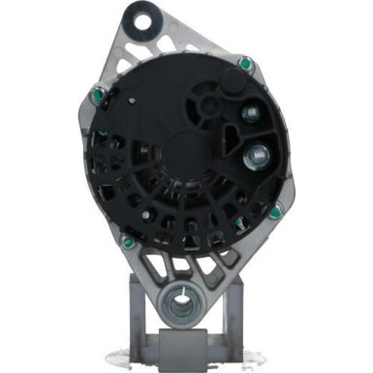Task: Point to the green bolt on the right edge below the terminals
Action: [x=275, y=212]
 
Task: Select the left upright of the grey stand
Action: [x=141, y=320]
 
